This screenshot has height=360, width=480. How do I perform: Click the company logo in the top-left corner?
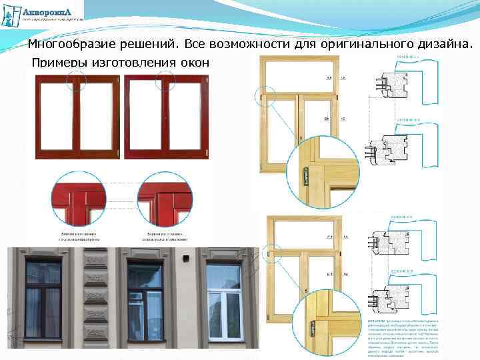(43, 13)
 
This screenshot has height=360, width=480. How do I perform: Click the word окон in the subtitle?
(194, 63)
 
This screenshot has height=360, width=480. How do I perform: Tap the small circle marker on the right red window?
(165, 81)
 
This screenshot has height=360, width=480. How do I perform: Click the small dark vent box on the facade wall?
(186, 257)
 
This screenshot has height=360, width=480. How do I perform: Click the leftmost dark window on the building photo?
(43, 299)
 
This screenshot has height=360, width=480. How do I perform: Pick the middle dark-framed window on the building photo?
(145, 299)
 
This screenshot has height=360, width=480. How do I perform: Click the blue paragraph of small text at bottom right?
(404, 337)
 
